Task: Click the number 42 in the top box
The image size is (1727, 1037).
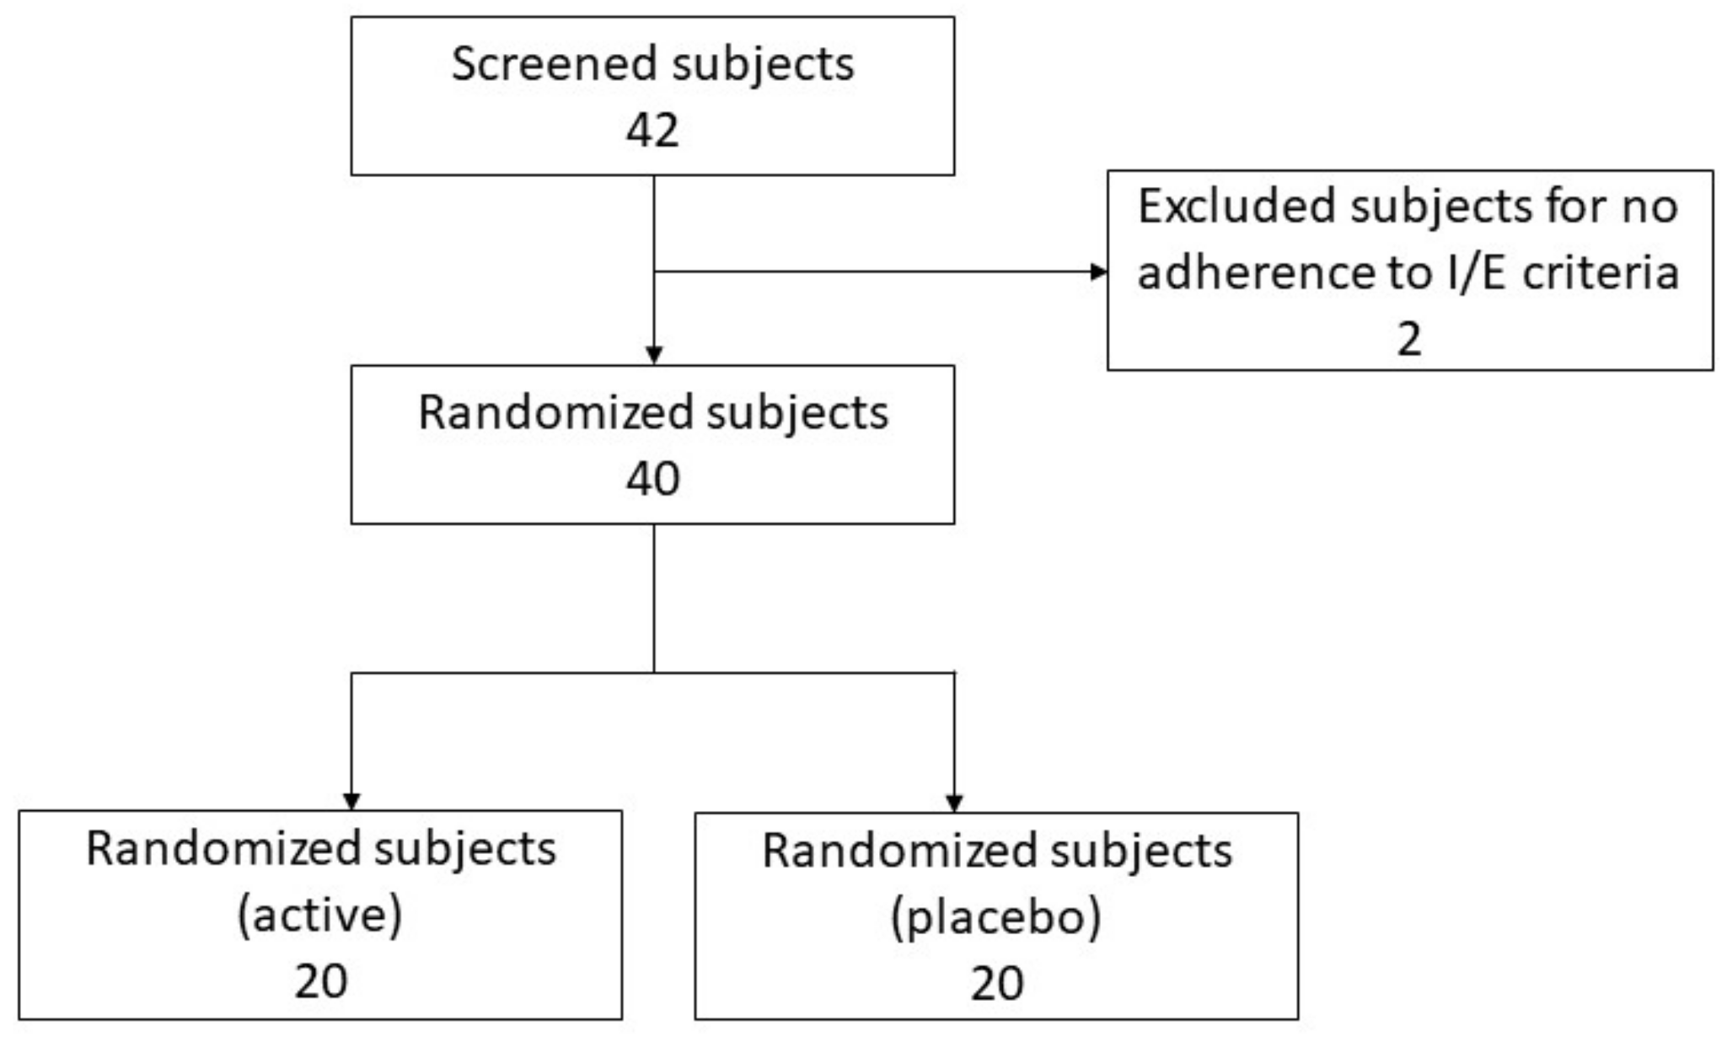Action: pyautogui.click(x=652, y=131)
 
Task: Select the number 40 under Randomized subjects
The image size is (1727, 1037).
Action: pyautogui.click(x=652, y=479)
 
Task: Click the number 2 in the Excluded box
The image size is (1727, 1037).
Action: pyautogui.click(x=1408, y=339)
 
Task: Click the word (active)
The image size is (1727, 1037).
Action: pyautogui.click(x=319, y=915)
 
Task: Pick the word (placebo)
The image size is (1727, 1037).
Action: pyautogui.click(x=995, y=916)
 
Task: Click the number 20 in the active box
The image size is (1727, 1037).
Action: pyautogui.click(x=320, y=981)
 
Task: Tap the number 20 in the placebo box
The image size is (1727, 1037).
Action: pyautogui.click(x=996, y=983)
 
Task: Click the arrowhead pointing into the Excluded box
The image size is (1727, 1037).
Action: pyautogui.click(x=1098, y=271)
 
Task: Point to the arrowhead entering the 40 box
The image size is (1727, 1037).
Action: pyautogui.click(x=654, y=355)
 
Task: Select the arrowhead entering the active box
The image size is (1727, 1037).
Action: pyautogui.click(x=351, y=801)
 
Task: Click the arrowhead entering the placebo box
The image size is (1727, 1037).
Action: pyautogui.click(x=954, y=803)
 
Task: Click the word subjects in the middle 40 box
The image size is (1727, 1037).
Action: pyautogui.click(x=796, y=414)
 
